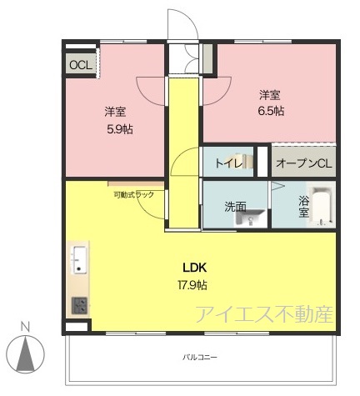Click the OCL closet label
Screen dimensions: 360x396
(x=81, y=65)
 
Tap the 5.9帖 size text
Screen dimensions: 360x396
(x=120, y=129)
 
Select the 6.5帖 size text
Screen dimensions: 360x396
(x=271, y=111)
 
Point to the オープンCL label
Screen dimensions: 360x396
(x=304, y=163)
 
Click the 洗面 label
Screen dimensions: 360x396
(x=235, y=207)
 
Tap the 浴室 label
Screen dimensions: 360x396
(x=303, y=207)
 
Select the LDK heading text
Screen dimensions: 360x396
(x=194, y=268)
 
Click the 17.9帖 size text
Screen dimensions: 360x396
(x=192, y=285)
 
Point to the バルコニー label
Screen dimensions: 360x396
(x=200, y=357)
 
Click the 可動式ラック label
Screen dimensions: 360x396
(x=134, y=195)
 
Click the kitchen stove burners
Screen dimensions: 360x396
(x=79, y=306)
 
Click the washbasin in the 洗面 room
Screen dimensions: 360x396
(x=250, y=218)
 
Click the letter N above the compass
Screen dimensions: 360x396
(x=25, y=328)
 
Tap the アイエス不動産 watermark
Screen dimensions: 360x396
(x=265, y=314)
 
